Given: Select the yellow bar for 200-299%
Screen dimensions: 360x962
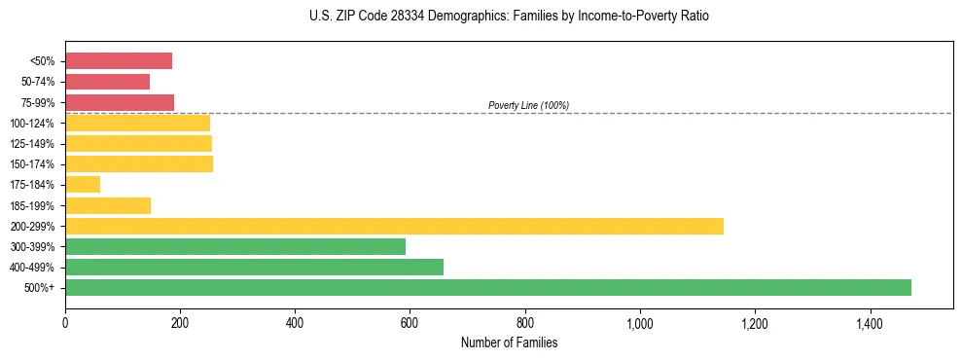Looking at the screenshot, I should (394, 226).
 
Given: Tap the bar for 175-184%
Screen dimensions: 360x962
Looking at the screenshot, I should (83, 185).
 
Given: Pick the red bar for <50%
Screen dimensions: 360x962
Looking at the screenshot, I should (119, 61).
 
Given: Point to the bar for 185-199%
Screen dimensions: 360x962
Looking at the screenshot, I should (108, 205).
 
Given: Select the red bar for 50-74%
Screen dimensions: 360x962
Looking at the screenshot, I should (107, 82).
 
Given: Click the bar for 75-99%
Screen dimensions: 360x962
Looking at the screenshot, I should (120, 102).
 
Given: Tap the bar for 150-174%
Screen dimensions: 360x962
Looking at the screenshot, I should (139, 164).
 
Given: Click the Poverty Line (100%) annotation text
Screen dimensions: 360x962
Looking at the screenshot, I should (528, 105).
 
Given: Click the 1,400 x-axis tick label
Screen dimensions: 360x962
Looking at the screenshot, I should (870, 322).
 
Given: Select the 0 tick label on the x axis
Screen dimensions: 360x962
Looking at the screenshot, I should (65, 322).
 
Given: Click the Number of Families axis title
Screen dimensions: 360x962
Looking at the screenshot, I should (509, 342).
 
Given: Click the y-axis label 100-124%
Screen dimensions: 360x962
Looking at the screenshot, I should (32, 124).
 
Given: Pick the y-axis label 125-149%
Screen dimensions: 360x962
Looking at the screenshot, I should (32, 144).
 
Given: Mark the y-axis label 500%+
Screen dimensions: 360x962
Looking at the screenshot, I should (39, 288).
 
